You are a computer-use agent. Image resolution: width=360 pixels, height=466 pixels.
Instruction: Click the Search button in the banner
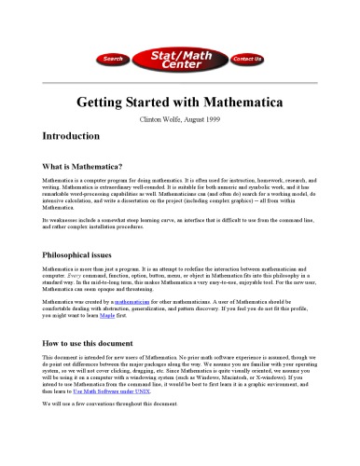pyautogui.click(x=113, y=59)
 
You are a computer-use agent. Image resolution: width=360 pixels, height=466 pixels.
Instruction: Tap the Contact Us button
pyautogui.click(x=246, y=59)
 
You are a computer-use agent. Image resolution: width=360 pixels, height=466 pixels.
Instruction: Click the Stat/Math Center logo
pyautogui.click(x=179, y=58)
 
